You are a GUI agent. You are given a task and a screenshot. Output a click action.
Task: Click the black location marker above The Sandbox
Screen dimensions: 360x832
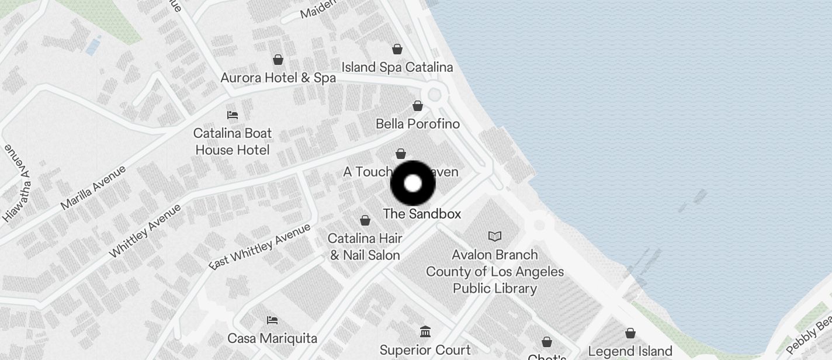(412, 183)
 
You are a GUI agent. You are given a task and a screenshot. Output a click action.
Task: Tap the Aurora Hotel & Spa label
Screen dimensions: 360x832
(278, 78)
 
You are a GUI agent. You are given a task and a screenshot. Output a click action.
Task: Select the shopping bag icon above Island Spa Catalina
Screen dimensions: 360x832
(397, 49)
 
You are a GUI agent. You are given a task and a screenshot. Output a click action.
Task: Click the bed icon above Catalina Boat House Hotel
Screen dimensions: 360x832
(233, 115)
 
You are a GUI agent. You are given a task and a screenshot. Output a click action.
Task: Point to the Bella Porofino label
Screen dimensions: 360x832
(418, 124)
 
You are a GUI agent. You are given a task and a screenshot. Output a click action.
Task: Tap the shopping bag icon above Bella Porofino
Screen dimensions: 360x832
(418, 106)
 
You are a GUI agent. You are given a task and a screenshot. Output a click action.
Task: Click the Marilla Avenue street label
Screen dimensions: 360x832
(93, 188)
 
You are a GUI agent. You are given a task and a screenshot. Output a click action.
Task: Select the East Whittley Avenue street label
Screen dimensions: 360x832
(260, 247)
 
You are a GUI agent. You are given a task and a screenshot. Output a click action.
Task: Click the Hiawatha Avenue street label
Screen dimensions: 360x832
(16, 183)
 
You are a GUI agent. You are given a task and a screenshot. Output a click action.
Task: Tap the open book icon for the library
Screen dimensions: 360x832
(495, 237)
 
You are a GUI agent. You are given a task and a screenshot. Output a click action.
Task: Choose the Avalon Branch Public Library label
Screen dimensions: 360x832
(495, 271)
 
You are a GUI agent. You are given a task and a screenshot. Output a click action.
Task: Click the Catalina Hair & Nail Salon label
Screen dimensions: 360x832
(365, 247)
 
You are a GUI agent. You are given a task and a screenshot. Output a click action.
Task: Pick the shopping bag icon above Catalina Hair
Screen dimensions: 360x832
(365, 220)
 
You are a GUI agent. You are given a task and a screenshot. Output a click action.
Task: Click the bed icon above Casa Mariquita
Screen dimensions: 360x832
(272, 320)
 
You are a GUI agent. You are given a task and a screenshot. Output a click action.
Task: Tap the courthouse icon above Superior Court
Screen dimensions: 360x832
(425, 332)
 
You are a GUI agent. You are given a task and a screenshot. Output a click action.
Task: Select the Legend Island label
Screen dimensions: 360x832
(630, 351)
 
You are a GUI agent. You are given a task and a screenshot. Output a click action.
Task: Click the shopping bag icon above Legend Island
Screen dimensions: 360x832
(630, 333)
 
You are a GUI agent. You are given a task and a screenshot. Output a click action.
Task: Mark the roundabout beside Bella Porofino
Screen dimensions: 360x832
(434, 94)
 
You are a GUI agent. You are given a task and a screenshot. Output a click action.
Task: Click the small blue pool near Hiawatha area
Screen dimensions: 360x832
(93, 46)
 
